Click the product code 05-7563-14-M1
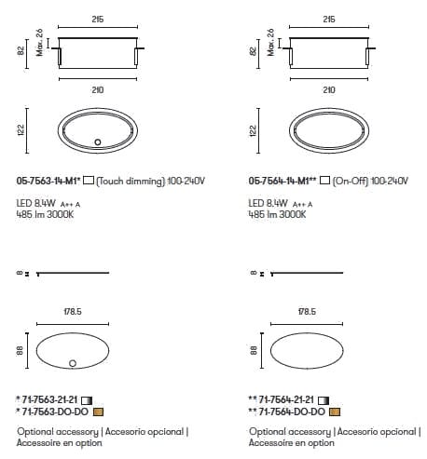point(47,181)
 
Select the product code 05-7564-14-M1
point(279,181)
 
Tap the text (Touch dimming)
point(131,181)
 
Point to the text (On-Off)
point(351,181)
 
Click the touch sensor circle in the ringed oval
point(98,142)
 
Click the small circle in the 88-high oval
point(73,363)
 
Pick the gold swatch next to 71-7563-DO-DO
point(98,412)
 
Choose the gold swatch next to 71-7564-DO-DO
point(335,412)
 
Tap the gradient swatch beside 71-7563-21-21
point(87,400)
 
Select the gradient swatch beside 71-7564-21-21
point(324,400)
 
